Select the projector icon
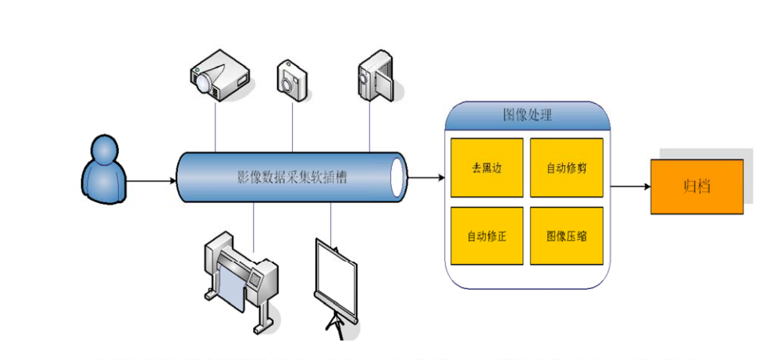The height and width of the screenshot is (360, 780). (219, 74)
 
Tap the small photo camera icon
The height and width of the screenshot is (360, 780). (292, 77)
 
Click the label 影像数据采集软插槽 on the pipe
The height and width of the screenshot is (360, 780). (292, 177)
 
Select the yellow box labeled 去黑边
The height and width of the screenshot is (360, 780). (486, 168)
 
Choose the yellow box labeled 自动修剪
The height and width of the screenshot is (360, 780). (566, 168)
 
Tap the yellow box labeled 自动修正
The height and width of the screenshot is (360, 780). (486, 235)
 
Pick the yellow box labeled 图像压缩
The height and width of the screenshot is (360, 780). (566, 235)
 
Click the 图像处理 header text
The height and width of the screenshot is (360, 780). (527, 116)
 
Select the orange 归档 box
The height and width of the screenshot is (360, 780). (696, 187)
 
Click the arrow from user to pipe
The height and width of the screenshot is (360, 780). (151, 181)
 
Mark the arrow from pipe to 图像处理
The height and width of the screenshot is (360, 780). (426, 178)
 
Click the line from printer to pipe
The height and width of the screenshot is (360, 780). (254, 220)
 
